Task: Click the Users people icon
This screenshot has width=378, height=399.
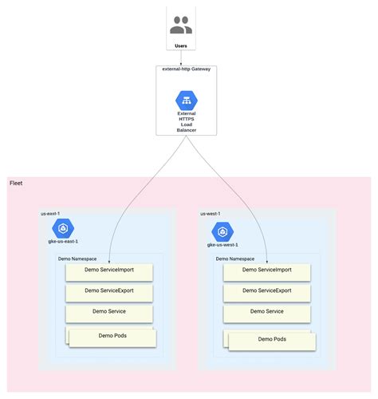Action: point(181,26)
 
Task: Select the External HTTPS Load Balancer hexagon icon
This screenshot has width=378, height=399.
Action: point(187,101)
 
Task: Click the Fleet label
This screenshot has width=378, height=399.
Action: point(16,184)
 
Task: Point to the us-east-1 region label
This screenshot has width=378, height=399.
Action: point(50,214)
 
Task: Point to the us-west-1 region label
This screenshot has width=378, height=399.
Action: point(211,214)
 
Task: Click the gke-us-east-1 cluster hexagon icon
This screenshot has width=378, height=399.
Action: point(63,227)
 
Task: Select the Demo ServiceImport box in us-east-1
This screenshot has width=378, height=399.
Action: point(109,271)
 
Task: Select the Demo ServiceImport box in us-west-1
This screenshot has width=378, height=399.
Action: point(267,271)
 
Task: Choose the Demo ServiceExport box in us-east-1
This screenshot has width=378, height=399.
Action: point(109,291)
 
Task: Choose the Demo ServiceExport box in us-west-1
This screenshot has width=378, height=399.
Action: point(267,291)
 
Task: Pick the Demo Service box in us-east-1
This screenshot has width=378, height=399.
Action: point(109,312)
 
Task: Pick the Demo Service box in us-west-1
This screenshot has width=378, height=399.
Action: point(267,312)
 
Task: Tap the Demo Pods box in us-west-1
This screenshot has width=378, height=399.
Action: point(271,339)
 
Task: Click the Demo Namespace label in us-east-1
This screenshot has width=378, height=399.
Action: point(78,259)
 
